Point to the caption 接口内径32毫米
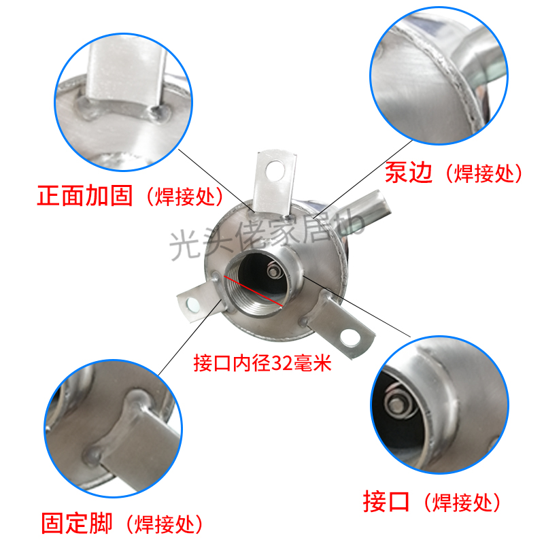(262, 363)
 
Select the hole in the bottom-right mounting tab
(352, 334)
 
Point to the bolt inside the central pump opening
(273, 273)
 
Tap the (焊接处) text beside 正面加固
(184, 197)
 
